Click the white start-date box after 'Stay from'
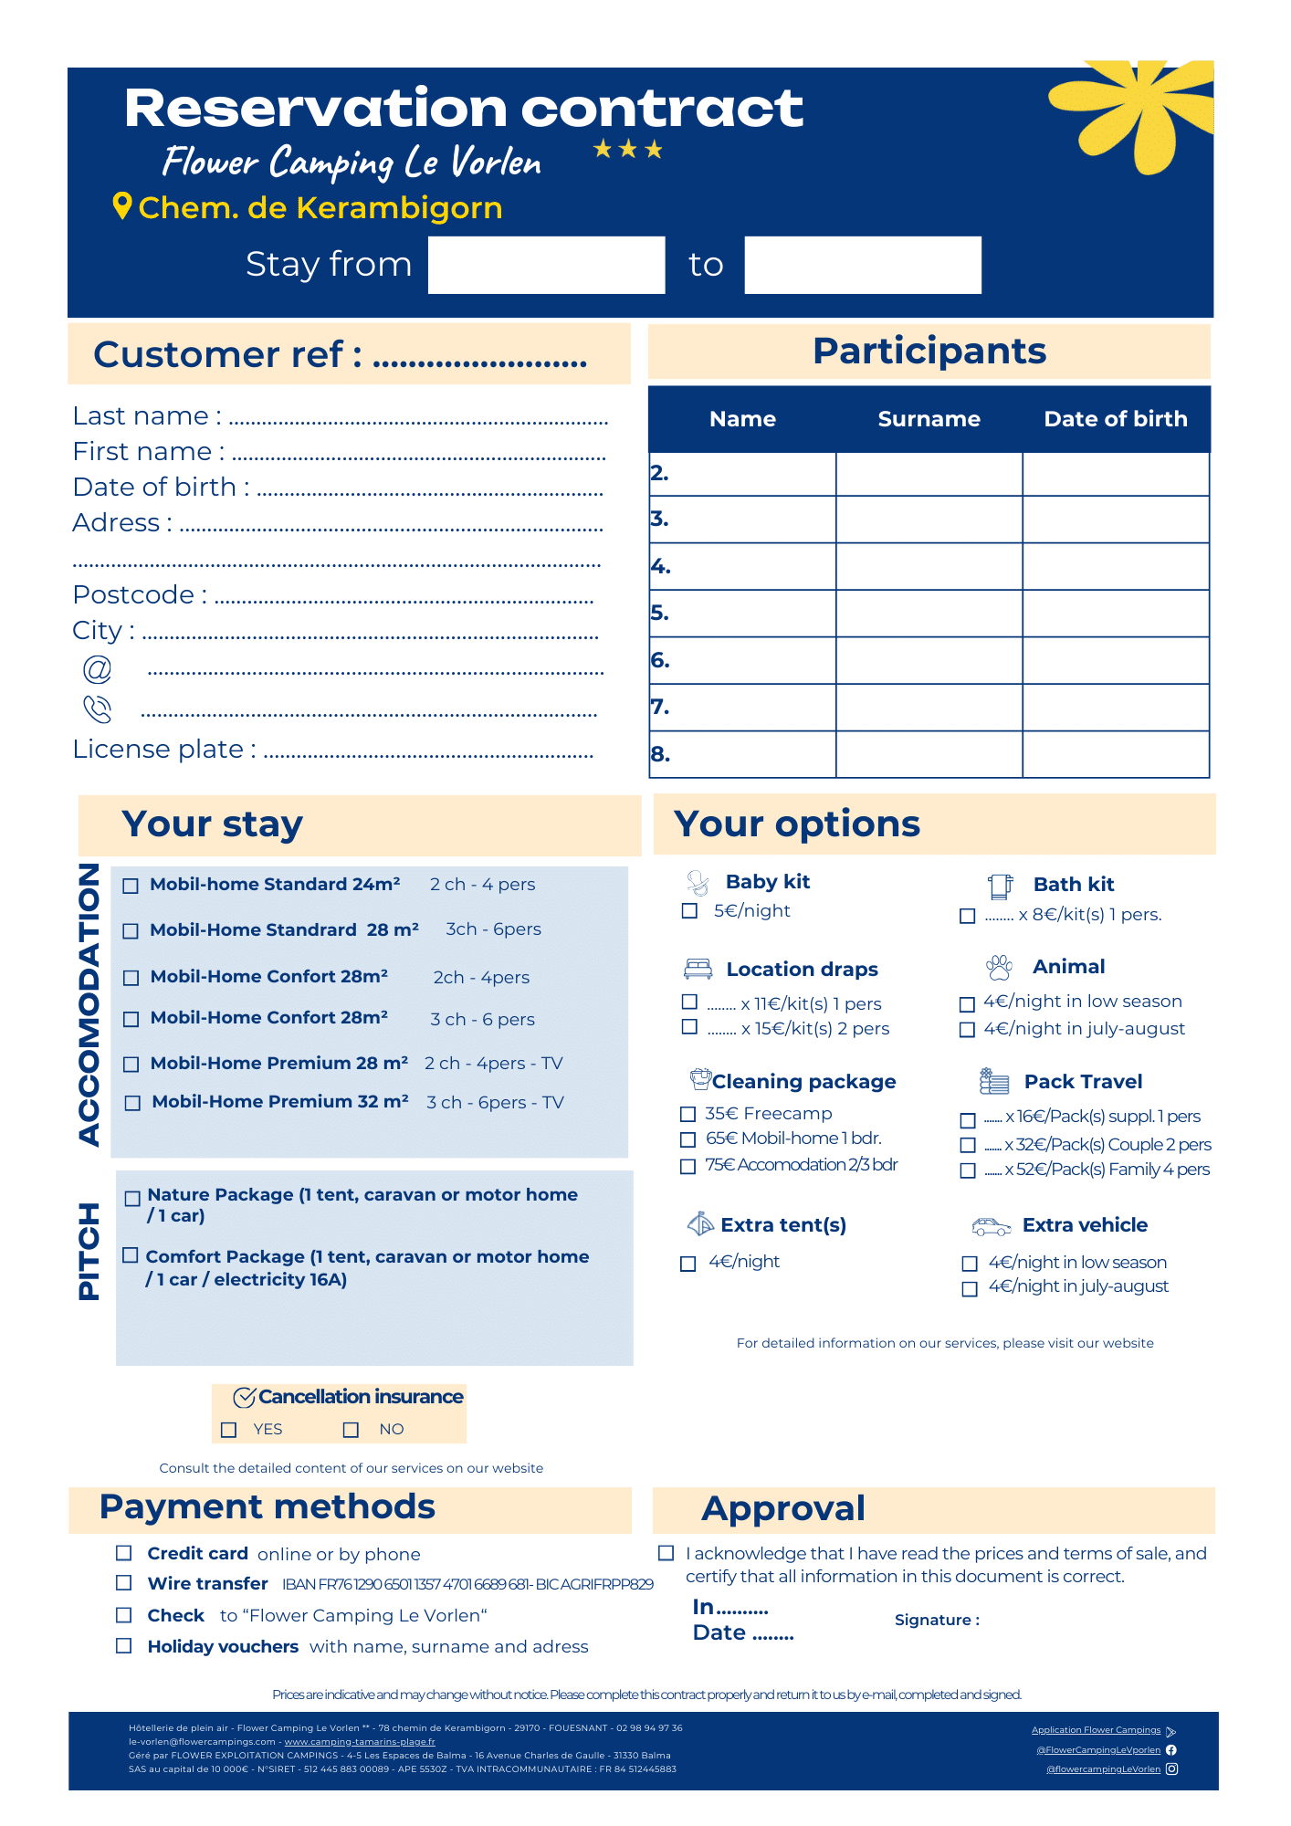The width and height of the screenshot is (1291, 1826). point(546,265)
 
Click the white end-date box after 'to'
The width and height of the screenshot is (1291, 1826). point(863,265)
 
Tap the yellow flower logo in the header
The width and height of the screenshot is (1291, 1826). point(1132,114)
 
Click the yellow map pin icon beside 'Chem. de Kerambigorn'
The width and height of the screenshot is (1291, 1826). point(122,206)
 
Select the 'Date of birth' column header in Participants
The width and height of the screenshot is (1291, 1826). point(1116,419)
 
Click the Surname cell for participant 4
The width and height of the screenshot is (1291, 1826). point(929,566)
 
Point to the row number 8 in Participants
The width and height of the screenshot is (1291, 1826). point(660,754)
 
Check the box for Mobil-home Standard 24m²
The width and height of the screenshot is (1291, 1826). point(131,886)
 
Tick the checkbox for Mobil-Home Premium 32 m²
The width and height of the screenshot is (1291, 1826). point(132,1103)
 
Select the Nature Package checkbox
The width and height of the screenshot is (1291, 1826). point(132,1198)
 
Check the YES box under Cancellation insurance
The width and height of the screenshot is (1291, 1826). point(229,1430)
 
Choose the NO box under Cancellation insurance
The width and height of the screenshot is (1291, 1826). point(351,1430)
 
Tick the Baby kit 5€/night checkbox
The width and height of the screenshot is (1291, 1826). point(690,911)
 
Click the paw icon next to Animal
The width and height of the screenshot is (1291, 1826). point(999,967)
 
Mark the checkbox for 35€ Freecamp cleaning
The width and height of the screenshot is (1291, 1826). point(688,1114)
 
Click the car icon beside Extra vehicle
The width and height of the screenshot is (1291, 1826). point(991,1226)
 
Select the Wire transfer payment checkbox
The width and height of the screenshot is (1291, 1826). point(124,1582)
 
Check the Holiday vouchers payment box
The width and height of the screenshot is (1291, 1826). point(124,1645)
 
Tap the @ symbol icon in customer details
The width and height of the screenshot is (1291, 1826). point(97,669)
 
